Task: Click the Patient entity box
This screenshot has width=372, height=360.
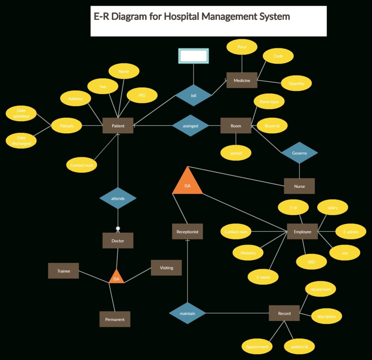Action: pyautogui.click(x=118, y=126)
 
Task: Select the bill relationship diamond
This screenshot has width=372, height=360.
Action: pyautogui.click(x=193, y=96)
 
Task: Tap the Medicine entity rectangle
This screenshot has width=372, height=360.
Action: pyautogui.click(x=242, y=80)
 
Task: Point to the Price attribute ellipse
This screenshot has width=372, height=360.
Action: pyautogui.click(x=242, y=47)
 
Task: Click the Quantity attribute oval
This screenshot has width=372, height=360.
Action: pyautogui.click(x=296, y=84)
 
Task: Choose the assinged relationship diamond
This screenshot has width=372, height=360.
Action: pyautogui.click(x=190, y=126)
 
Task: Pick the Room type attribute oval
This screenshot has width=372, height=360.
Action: pyautogui.click(x=269, y=102)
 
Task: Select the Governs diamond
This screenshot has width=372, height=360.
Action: pyautogui.click(x=299, y=153)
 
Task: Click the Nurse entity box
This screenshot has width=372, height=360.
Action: pyautogui.click(x=299, y=186)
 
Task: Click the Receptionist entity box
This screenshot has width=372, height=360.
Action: pyautogui.click(x=187, y=231)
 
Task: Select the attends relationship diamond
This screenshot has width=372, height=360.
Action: pyautogui.click(x=118, y=198)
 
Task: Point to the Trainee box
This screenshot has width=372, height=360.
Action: pyautogui.click(x=63, y=271)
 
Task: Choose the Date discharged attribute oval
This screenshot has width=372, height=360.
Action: pyautogui.click(x=21, y=141)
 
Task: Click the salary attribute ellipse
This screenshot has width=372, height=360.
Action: pyautogui.click(x=332, y=208)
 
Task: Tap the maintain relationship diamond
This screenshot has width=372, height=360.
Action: pyautogui.click(x=187, y=313)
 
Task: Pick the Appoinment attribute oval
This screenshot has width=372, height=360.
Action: pyautogui.click(x=257, y=347)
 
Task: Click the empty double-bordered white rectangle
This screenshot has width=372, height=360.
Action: pyautogui.click(x=193, y=56)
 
